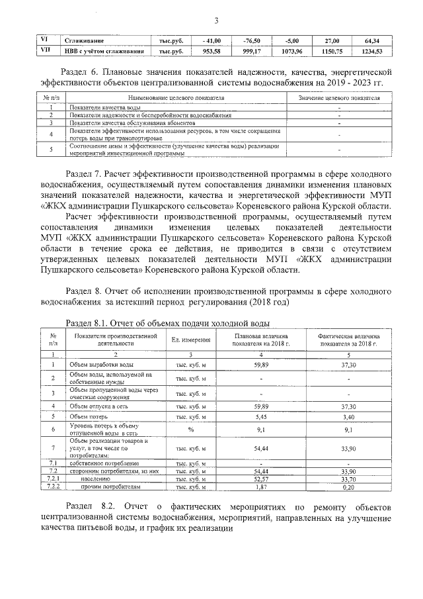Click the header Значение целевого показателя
338,98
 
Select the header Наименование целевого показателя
174,98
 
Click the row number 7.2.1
54,479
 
